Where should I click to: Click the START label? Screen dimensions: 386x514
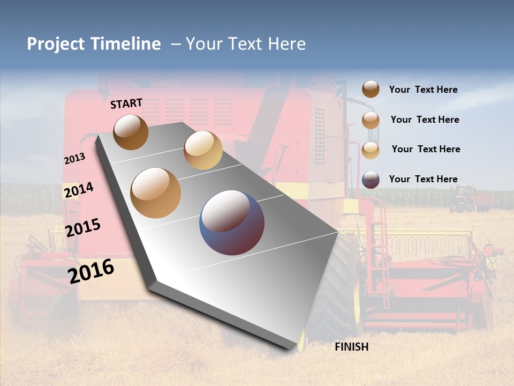(x=126, y=103)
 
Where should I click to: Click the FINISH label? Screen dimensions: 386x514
(x=351, y=347)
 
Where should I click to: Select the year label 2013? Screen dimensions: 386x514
(x=74, y=159)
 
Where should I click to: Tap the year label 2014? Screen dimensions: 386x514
(x=79, y=190)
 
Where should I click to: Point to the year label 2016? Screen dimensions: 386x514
(x=91, y=271)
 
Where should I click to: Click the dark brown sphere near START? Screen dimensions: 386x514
(x=131, y=132)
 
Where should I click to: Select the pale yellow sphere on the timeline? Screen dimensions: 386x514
(x=203, y=150)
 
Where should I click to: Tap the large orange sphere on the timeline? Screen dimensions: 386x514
(x=156, y=193)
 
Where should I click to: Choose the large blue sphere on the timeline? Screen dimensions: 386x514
(x=232, y=222)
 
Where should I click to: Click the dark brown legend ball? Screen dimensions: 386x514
(x=371, y=89)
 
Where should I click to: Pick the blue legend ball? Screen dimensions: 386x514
(x=371, y=180)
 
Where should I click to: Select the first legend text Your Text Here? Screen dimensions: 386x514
(x=423, y=90)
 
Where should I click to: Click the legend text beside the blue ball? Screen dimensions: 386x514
(x=423, y=179)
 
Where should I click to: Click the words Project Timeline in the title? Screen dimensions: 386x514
(x=94, y=44)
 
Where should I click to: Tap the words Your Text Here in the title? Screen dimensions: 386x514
(x=246, y=44)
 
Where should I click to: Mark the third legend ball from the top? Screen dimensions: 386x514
(x=371, y=150)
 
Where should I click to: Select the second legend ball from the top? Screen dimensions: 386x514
(x=371, y=120)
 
